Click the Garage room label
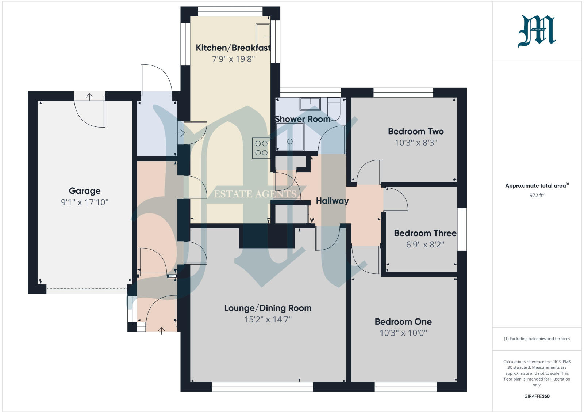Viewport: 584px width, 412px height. point(85,191)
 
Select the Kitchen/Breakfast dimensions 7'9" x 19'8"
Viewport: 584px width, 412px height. point(233,59)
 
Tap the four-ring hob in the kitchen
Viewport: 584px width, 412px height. point(261,148)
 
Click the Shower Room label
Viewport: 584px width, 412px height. point(303,119)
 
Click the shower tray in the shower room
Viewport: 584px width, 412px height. point(290,137)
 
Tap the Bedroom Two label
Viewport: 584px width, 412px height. point(416,131)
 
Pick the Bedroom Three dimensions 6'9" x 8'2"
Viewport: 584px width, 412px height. point(425,245)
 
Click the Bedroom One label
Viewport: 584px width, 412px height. point(403,322)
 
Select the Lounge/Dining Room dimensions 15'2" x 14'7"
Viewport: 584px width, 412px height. point(268,320)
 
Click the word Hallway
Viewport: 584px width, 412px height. point(332,201)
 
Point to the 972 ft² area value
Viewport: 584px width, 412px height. point(537,195)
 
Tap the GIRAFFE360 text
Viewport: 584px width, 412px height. point(537,396)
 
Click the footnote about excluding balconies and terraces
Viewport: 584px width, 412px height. point(537,339)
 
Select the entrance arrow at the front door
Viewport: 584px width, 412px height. point(161,331)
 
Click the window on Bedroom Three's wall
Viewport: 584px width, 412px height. point(462,229)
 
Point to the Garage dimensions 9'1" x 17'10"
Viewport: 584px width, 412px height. point(85,202)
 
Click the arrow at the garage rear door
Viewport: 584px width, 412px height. point(89,97)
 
